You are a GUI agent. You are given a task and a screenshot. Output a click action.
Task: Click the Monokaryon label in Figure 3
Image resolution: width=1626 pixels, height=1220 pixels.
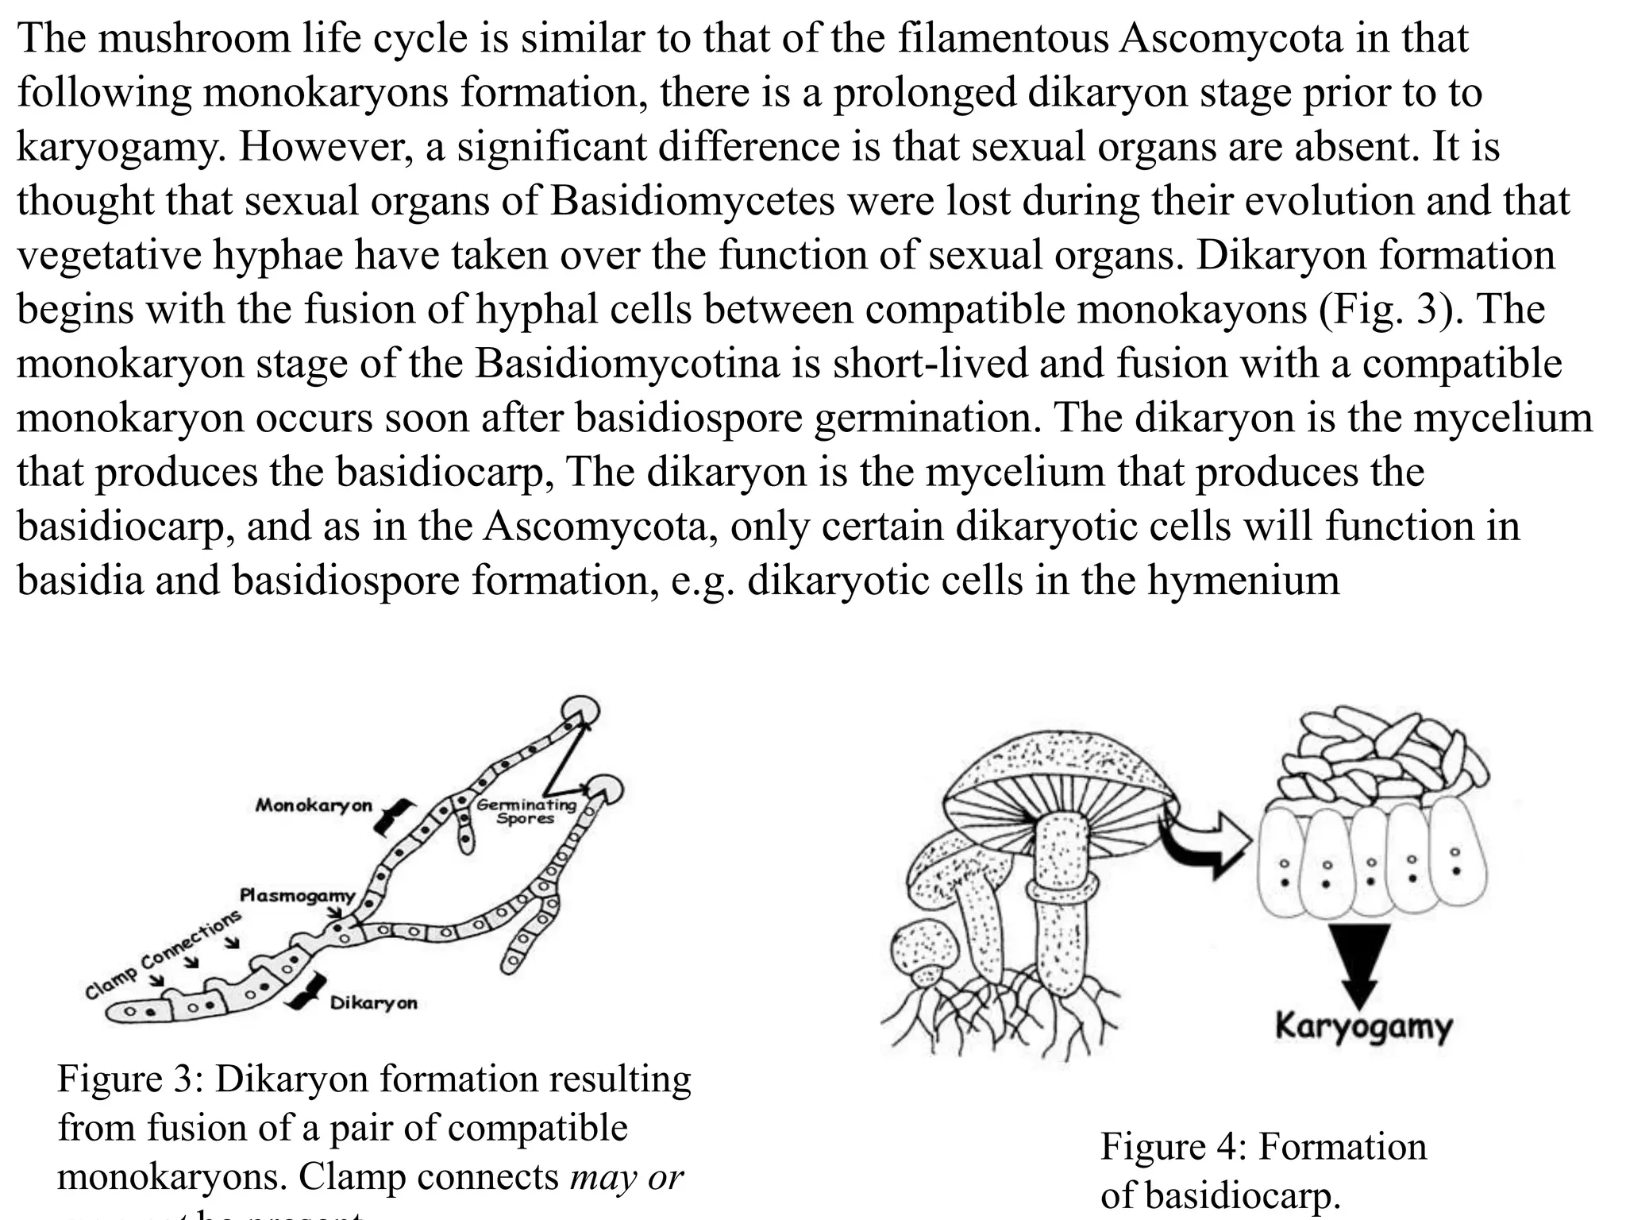click(x=314, y=805)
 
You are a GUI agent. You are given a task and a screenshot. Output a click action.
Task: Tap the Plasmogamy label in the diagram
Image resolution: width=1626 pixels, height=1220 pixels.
click(x=298, y=896)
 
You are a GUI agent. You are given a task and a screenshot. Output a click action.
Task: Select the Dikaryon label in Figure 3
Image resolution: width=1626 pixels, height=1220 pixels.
click(x=373, y=1003)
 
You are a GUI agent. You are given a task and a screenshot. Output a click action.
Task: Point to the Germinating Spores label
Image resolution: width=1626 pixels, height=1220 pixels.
click(x=526, y=811)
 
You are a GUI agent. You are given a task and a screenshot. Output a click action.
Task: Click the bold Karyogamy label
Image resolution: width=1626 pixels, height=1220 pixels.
click(x=1363, y=1026)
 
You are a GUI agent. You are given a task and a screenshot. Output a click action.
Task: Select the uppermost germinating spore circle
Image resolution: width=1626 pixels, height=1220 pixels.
click(x=581, y=708)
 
